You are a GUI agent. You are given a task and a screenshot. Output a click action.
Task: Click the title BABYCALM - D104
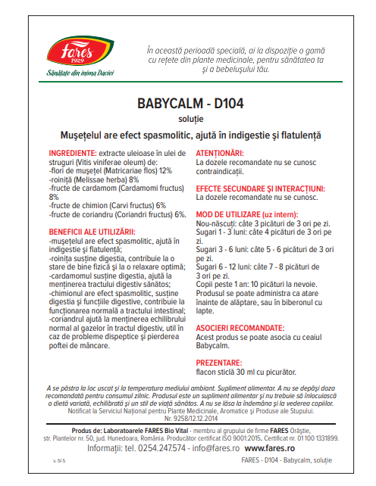coord(188,103)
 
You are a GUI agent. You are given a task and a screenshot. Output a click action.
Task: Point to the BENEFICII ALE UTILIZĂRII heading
coord(91,231)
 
